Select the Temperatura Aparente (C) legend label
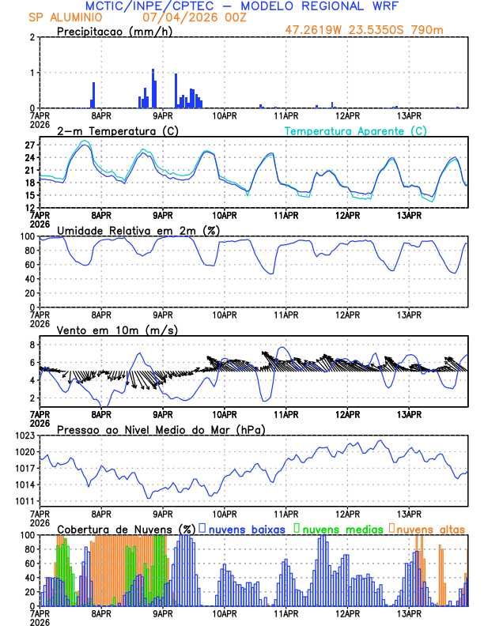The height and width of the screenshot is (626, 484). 356,130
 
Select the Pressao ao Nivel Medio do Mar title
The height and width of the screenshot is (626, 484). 161,429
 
